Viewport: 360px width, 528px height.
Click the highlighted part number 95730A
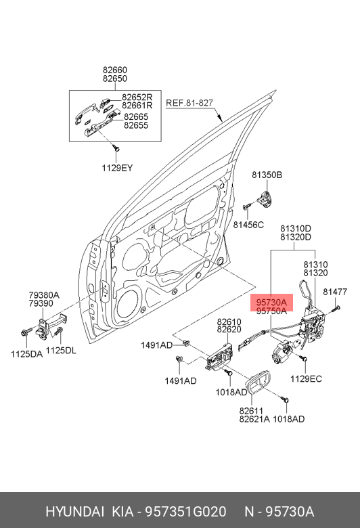(271, 302)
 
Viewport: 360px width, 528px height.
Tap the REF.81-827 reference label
(189, 103)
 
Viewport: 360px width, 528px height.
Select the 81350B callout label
(267, 175)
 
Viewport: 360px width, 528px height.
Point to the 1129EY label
(117, 168)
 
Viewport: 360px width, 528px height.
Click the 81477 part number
(335, 292)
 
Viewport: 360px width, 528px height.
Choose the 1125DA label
(26, 354)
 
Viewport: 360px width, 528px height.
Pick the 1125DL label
(61, 351)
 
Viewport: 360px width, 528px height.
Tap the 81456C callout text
(248, 225)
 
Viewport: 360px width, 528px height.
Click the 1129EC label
(306, 379)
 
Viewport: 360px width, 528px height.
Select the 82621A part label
(254, 419)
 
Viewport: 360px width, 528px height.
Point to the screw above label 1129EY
(116, 148)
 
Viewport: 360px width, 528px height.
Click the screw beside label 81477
(336, 308)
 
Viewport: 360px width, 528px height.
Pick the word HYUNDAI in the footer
(74, 512)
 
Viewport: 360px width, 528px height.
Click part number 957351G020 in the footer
(185, 512)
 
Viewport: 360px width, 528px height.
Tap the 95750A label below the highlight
(271, 311)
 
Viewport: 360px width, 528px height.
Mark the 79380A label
(44, 295)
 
